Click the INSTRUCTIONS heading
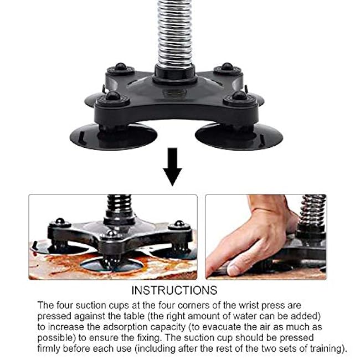[174, 291]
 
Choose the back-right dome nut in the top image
[227, 67]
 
